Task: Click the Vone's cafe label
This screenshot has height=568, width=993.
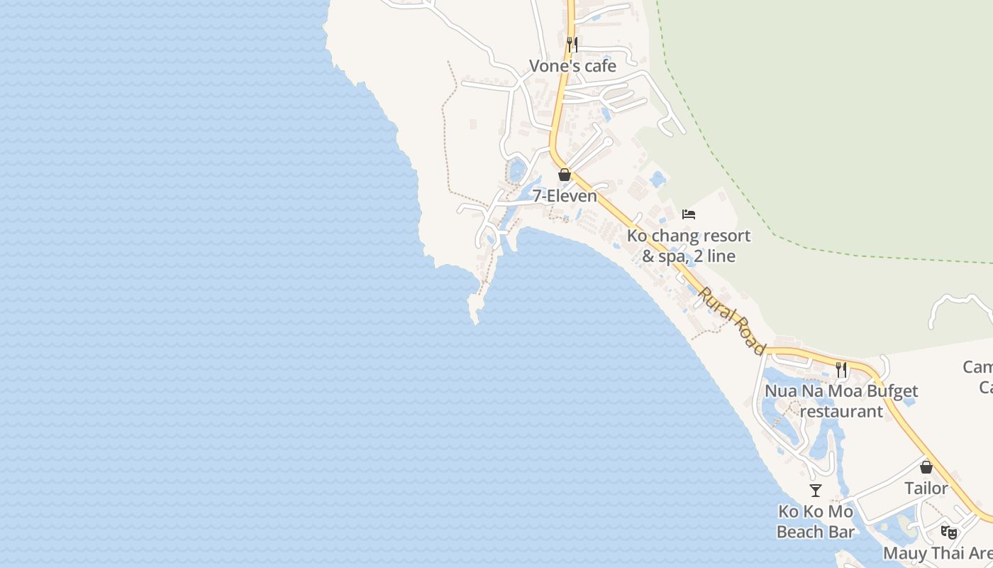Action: [572, 66]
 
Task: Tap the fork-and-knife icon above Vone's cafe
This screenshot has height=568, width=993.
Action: [572, 45]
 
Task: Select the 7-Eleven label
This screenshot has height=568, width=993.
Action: [565, 196]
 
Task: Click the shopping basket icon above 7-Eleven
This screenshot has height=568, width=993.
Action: [565, 175]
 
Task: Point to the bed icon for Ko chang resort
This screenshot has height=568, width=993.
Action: [688, 214]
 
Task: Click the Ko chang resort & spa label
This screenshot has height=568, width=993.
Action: [688, 246]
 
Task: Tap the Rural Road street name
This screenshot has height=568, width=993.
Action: [732, 320]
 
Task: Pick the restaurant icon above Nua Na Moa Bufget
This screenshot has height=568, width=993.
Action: [841, 369]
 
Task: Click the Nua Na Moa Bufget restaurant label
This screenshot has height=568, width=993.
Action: [841, 401]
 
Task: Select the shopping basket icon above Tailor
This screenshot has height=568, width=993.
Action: [926, 467]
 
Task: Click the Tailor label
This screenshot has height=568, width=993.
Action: [926, 488]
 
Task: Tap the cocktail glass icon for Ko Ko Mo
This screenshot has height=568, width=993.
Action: [816, 491]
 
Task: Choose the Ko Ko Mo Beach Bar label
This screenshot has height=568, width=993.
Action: [816, 522]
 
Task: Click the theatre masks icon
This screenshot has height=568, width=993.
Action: [948, 532]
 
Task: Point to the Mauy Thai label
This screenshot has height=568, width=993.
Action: [936, 552]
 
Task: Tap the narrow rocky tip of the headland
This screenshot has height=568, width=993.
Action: [474, 312]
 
